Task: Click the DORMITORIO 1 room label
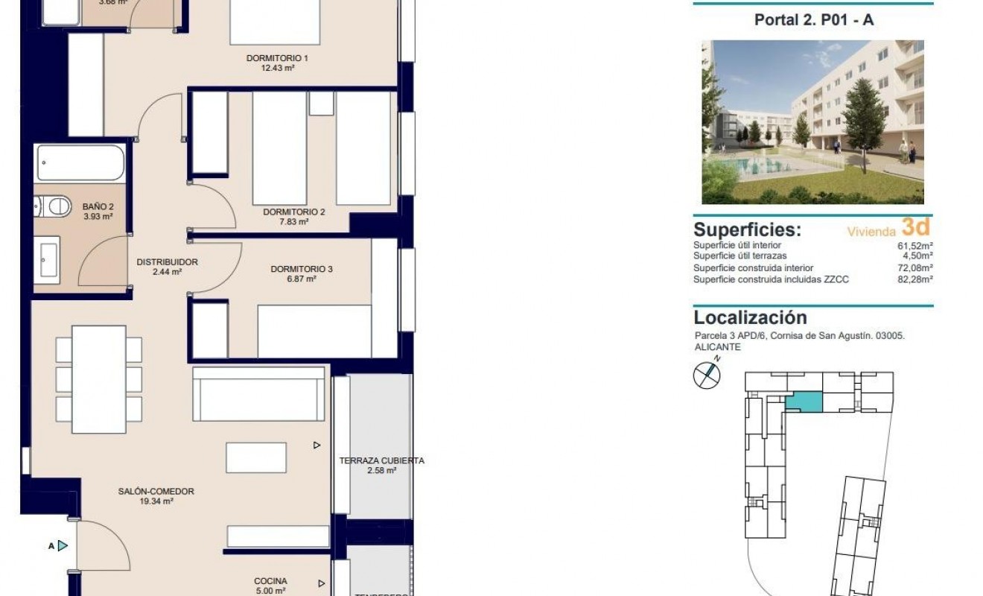[277, 58]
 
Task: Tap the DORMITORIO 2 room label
[293, 212]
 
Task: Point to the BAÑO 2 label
[98, 206]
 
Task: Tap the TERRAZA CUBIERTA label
[381, 461]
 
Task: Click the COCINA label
[270, 582]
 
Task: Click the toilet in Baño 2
[53, 206]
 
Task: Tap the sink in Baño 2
[49, 257]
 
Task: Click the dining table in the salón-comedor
[98, 378]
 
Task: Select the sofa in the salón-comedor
[258, 395]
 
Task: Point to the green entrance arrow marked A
[63, 546]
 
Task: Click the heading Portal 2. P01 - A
[813, 21]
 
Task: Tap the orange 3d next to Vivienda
[916, 227]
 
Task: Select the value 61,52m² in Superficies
[915, 245]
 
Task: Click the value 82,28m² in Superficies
[915, 279]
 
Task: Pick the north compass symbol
[707, 375]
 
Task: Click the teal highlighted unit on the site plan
[804, 402]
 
